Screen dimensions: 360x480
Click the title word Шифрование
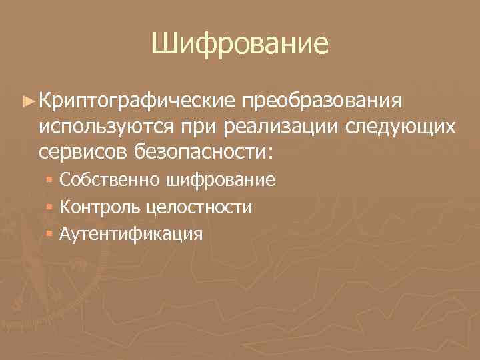pos(239,45)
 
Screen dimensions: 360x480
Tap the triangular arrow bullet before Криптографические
pos(28,101)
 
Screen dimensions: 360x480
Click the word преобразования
pos(322,101)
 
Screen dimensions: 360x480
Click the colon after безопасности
pos(269,152)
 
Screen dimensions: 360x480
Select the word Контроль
pos(98,207)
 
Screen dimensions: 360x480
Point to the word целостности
pos(197,207)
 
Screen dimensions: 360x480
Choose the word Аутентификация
pos(131,234)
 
